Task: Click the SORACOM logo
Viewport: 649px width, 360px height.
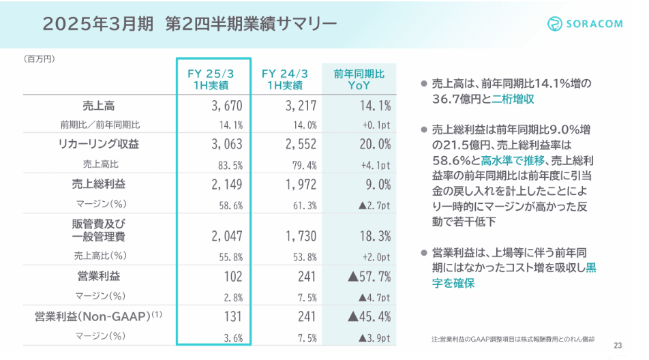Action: pos(585,24)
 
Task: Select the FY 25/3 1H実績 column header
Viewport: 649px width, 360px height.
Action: pos(213,80)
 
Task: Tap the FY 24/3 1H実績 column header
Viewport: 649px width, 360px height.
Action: pos(285,80)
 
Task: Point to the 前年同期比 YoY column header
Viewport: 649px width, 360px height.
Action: pos(359,80)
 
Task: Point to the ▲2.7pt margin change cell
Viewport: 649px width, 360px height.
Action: pos(371,204)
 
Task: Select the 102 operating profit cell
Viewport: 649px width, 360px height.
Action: pos(232,276)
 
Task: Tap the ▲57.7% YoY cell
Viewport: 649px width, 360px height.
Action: pos(369,276)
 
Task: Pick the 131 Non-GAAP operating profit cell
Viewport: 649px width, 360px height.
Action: pos(232,316)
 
